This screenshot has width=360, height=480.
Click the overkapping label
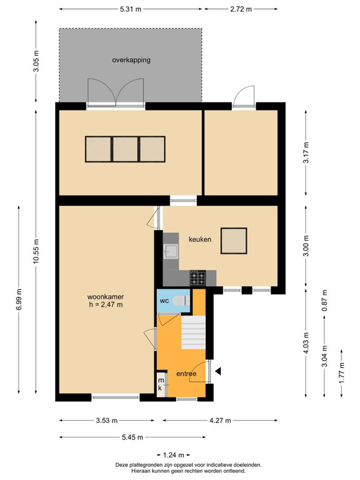point(131,60)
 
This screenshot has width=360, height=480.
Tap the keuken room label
point(200,239)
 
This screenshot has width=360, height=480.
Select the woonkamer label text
point(106,296)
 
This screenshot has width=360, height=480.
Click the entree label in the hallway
point(186,374)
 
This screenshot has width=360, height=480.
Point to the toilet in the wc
point(181,301)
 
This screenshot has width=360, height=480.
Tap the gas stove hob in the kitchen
point(198,278)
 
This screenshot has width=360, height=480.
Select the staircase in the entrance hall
point(193,332)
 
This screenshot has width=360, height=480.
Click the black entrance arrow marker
point(218,371)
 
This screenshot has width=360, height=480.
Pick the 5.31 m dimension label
point(130,9)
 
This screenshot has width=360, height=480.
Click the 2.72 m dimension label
point(241,9)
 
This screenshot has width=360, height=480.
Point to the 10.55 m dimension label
point(36,251)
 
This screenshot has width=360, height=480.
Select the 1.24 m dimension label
point(173,455)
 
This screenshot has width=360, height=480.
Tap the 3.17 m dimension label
point(306,152)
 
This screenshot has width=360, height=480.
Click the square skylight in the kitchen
point(234,241)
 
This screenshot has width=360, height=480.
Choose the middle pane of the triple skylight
point(125,149)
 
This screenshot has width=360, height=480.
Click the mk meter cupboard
point(161,384)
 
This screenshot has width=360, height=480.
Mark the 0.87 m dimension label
point(325,301)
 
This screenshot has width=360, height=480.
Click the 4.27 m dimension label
point(220,421)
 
